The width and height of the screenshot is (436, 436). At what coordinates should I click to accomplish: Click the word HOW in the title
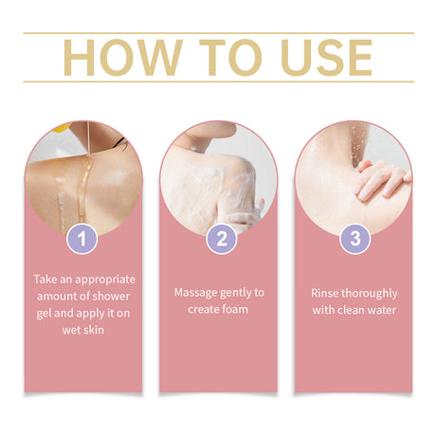tap(123, 58)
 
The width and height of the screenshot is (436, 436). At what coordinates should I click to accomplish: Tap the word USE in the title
tap(326, 58)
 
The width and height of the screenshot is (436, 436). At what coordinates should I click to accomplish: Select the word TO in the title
tap(230, 58)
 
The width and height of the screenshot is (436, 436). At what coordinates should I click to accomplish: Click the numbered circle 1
tap(82, 239)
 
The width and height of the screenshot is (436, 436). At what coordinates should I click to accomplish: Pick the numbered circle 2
tap(221, 239)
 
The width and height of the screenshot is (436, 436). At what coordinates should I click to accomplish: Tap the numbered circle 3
tap(355, 239)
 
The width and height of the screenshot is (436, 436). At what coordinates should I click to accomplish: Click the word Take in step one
tap(45, 280)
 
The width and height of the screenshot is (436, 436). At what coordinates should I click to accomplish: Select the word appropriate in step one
tap(105, 281)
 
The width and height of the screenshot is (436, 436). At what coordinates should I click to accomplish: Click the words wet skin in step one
tap(83, 330)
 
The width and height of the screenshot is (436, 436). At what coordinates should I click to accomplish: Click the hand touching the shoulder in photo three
tap(381, 179)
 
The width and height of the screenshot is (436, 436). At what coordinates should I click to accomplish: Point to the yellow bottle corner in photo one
tap(61, 127)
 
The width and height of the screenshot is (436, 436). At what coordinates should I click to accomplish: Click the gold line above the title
tap(218, 33)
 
